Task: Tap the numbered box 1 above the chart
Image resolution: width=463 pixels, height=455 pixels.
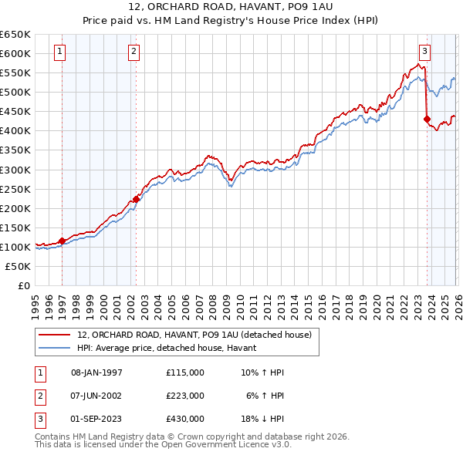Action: pyautogui.click(x=60, y=52)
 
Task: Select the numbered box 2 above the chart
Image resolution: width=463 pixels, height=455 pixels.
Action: pyautogui.click(x=134, y=52)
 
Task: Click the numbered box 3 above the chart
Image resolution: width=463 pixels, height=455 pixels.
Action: pyautogui.click(x=424, y=52)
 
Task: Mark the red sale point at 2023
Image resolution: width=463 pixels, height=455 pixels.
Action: pyautogui.click(x=427, y=119)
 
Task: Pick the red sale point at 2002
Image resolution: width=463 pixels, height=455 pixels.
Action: pyautogui.click(x=137, y=199)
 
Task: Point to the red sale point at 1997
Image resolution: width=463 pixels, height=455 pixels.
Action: pyautogui.click(x=62, y=241)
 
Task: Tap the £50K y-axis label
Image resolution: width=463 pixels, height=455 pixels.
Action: pyautogui.click(x=19, y=266)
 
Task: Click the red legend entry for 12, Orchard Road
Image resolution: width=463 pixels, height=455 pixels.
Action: pyautogui.click(x=194, y=335)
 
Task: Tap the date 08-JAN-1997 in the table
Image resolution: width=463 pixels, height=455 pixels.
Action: pyautogui.click(x=96, y=372)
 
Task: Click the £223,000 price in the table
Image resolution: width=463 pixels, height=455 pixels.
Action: pyautogui.click(x=184, y=396)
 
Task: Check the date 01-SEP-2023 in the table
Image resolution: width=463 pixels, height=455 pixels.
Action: pyautogui.click(x=96, y=419)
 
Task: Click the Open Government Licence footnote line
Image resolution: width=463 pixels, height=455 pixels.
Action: pyautogui.click(x=163, y=445)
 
